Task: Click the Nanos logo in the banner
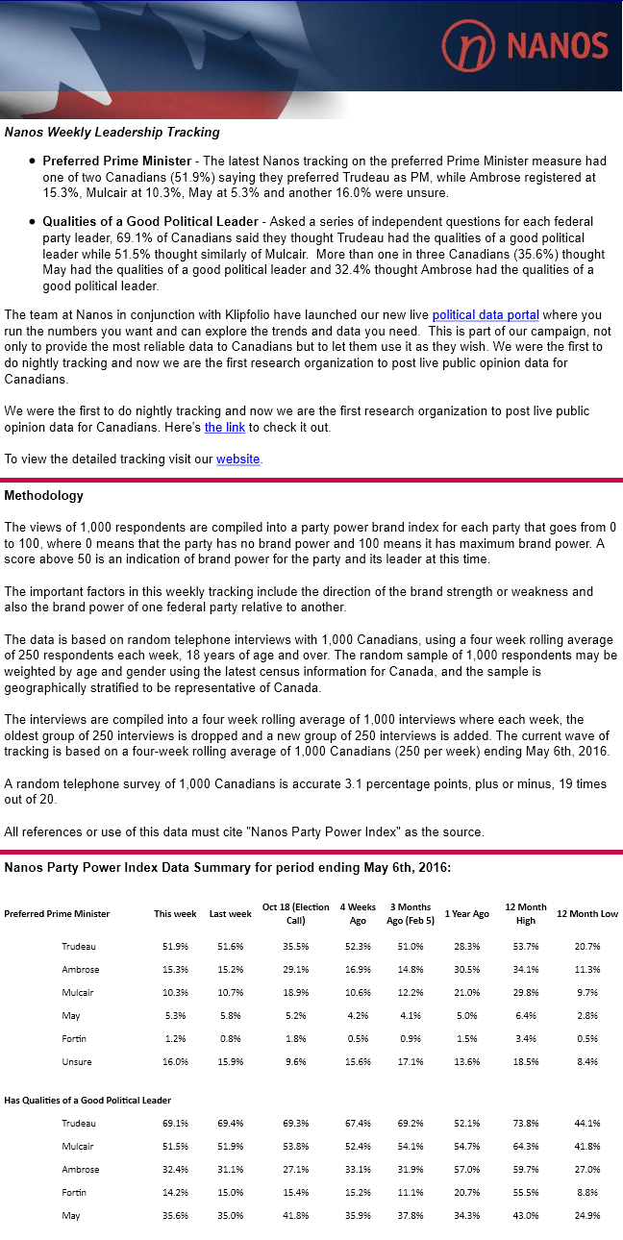[x=525, y=45]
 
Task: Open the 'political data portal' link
[x=486, y=314]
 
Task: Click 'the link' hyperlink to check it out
[x=225, y=427]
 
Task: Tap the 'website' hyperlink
[x=237, y=459]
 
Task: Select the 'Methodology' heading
[x=43, y=496]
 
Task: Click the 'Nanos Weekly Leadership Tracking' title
[x=112, y=132]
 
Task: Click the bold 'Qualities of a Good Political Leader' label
[x=150, y=222]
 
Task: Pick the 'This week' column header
[x=176, y=913]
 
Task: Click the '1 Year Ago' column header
[x=466, y=913]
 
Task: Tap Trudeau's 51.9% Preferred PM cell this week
[x=176, y=946]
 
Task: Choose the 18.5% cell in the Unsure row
[x=526, y=1061]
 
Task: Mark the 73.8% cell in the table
[x=526, y=1123]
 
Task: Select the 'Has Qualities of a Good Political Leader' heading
[x=87, y=1100]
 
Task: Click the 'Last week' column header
[x=231, y=913]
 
